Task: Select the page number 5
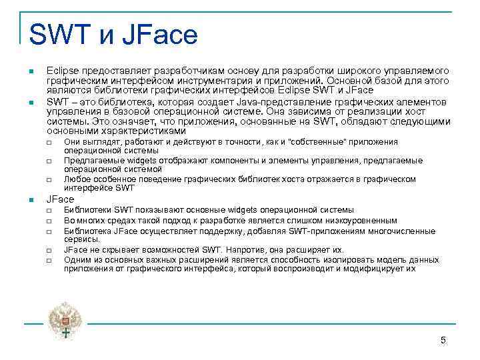pos(443,341)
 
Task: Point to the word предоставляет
pos(113,71)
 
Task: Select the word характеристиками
pos(136,131)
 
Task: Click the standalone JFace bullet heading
pos(60,199)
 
